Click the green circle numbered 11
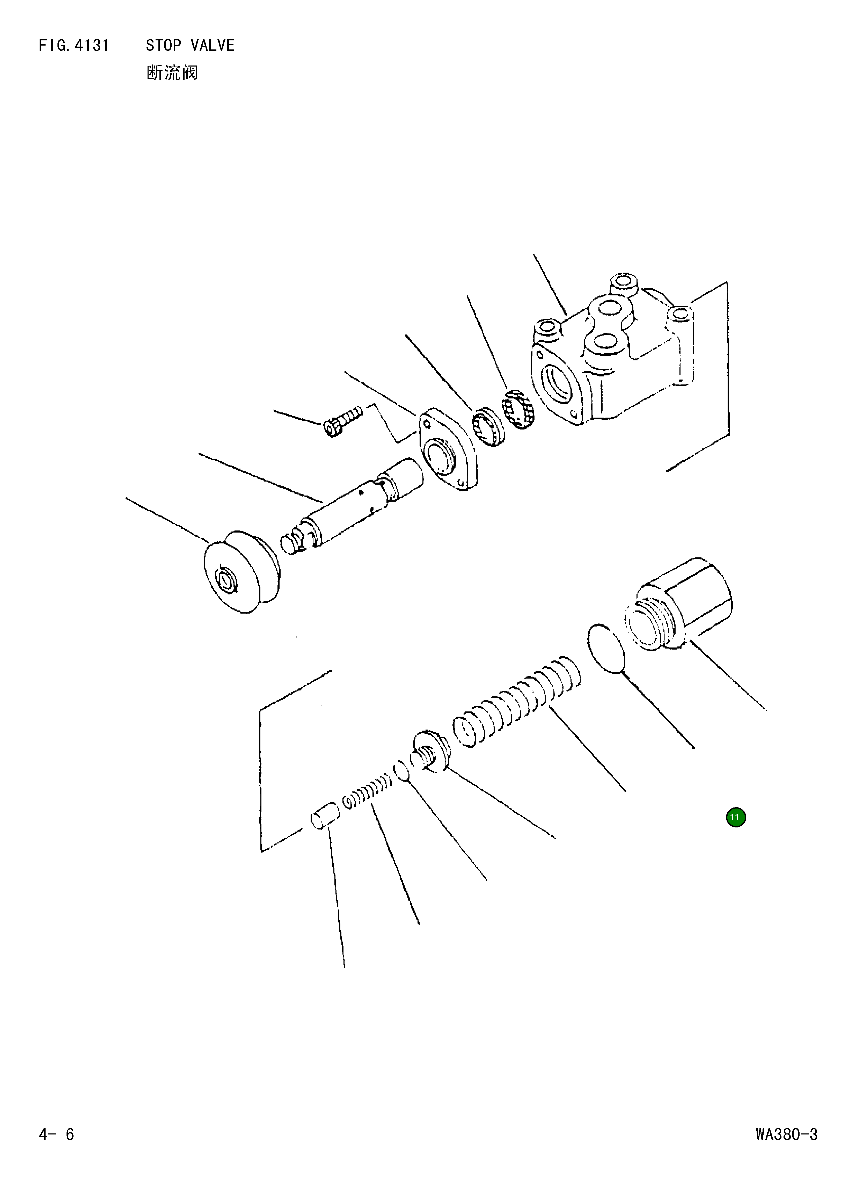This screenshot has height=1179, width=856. (x=735, y=817)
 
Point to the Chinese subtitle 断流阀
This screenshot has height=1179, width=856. (x=172, y=73)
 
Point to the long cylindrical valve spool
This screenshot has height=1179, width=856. (x=353, y=507)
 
